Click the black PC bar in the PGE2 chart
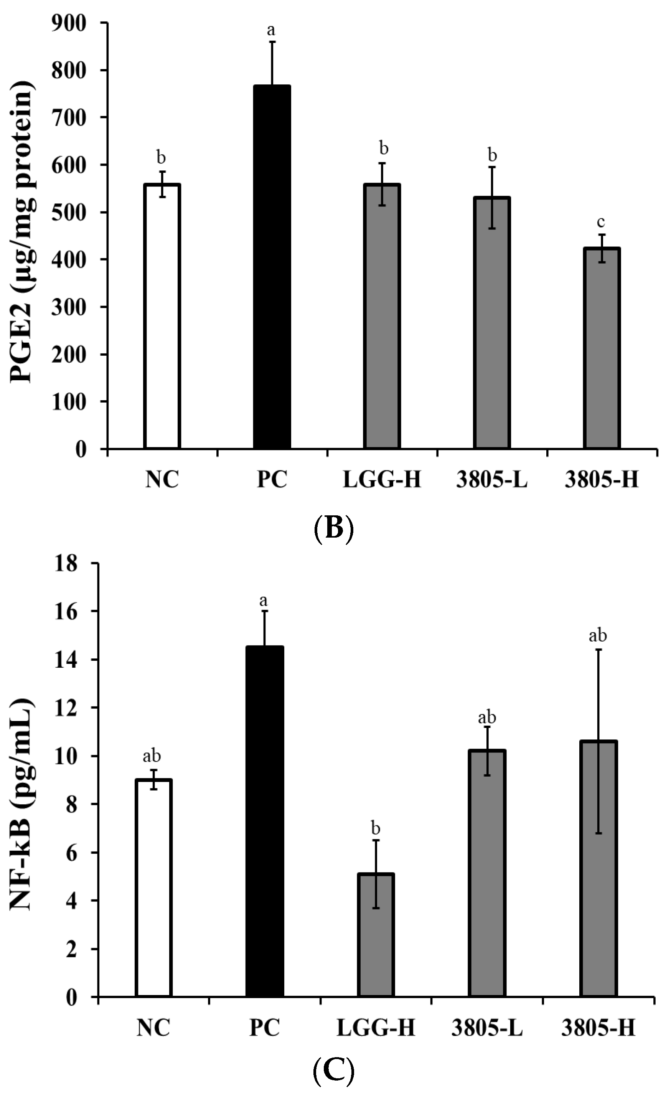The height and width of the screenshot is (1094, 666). click(272, 266)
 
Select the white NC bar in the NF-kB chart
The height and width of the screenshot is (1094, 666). click(153, 888)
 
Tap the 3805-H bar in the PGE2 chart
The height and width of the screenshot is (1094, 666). click(602, 348)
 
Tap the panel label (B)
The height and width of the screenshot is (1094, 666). click(333, 526)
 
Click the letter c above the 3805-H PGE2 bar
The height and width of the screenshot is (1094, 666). click(602, 221)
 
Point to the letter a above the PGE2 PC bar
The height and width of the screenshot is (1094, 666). click(271, 30)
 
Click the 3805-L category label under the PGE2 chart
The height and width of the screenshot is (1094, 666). click(491, 480)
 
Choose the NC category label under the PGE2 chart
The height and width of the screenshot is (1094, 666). click(162, 480)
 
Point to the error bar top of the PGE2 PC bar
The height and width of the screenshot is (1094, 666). click(272, 42)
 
